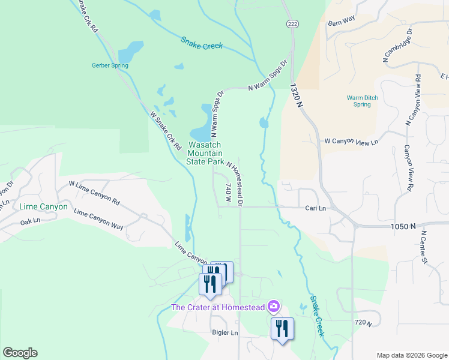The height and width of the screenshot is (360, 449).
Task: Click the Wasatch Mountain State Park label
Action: pyautogui.click(x=205, y=154)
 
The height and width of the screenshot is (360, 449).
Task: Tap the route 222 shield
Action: pyautogui.click(x=292, y=23)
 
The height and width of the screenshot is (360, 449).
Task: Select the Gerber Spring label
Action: pyautogui.click(x=110, y=65)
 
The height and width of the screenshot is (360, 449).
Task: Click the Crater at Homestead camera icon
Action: pyautogui.click(x=274, y=307)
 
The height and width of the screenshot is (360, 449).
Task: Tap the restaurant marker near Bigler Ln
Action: pyautogui.click(x=282, y=328)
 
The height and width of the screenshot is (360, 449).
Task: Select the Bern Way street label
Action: pyautogui.click(x=342, y=20)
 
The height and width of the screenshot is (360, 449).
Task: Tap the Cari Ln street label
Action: pyautogui.click(x=315, y=208)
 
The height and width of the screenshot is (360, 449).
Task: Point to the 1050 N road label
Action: pyautogui.click(x=402, y=226)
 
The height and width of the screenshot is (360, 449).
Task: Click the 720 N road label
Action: pyautogui.click(x=360, y=323)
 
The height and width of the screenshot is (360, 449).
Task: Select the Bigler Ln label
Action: pyautogui.click(x=225, y=332)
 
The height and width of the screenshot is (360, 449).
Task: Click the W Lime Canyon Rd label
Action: pyautogui.click(x=94, y=193)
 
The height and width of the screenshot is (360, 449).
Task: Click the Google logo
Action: pyautogui.click(x=20, y=352)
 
